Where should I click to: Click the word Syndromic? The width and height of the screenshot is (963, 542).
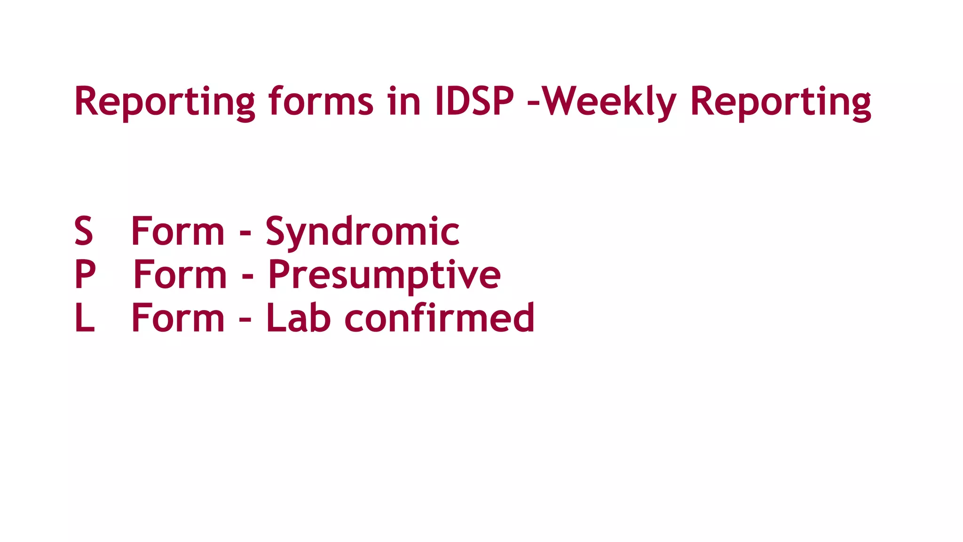tap(362, 231)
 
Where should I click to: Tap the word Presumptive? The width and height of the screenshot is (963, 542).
tap(384, 275)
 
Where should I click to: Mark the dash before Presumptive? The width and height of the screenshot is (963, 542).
tap(248, 276)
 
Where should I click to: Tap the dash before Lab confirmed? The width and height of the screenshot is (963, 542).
tap(245, 319)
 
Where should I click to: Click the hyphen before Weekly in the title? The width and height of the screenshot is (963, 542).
tap(533, 103)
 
